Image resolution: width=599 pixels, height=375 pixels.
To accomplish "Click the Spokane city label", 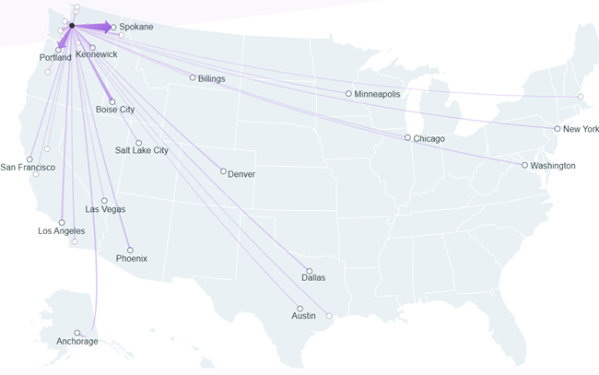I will click(135, 27).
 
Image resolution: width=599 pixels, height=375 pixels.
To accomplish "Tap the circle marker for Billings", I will click(193, 77).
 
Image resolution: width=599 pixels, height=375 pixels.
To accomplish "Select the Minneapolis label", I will click(378, 94).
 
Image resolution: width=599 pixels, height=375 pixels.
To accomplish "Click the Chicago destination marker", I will click(407, 138).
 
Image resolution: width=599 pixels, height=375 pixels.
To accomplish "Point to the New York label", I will click(581, 129).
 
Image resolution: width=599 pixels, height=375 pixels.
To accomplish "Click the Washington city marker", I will click(524, 165).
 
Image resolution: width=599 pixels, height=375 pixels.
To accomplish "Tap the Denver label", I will click(241, 174).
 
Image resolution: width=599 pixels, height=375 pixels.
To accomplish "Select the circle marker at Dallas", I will click(309, 271).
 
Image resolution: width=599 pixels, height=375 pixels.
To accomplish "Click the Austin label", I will click(303, 316).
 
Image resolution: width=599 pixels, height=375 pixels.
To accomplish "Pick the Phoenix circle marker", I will click(130, 250).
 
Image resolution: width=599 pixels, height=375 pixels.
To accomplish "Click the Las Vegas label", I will click(105, 209).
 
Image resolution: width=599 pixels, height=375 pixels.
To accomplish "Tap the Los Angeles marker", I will click(62, 222).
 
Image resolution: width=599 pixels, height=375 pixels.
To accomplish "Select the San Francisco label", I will click(28, 167).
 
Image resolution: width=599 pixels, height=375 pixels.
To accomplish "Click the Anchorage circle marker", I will click(77, 333).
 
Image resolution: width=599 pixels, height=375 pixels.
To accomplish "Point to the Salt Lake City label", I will click(142, 150).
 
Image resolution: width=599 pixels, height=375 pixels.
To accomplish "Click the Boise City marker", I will click(112, 101).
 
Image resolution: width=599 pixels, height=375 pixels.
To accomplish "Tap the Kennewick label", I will click(97, 55).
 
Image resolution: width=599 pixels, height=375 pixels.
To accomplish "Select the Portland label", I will click(55, 58).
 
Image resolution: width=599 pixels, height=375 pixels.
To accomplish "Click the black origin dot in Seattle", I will click(72, 25).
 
